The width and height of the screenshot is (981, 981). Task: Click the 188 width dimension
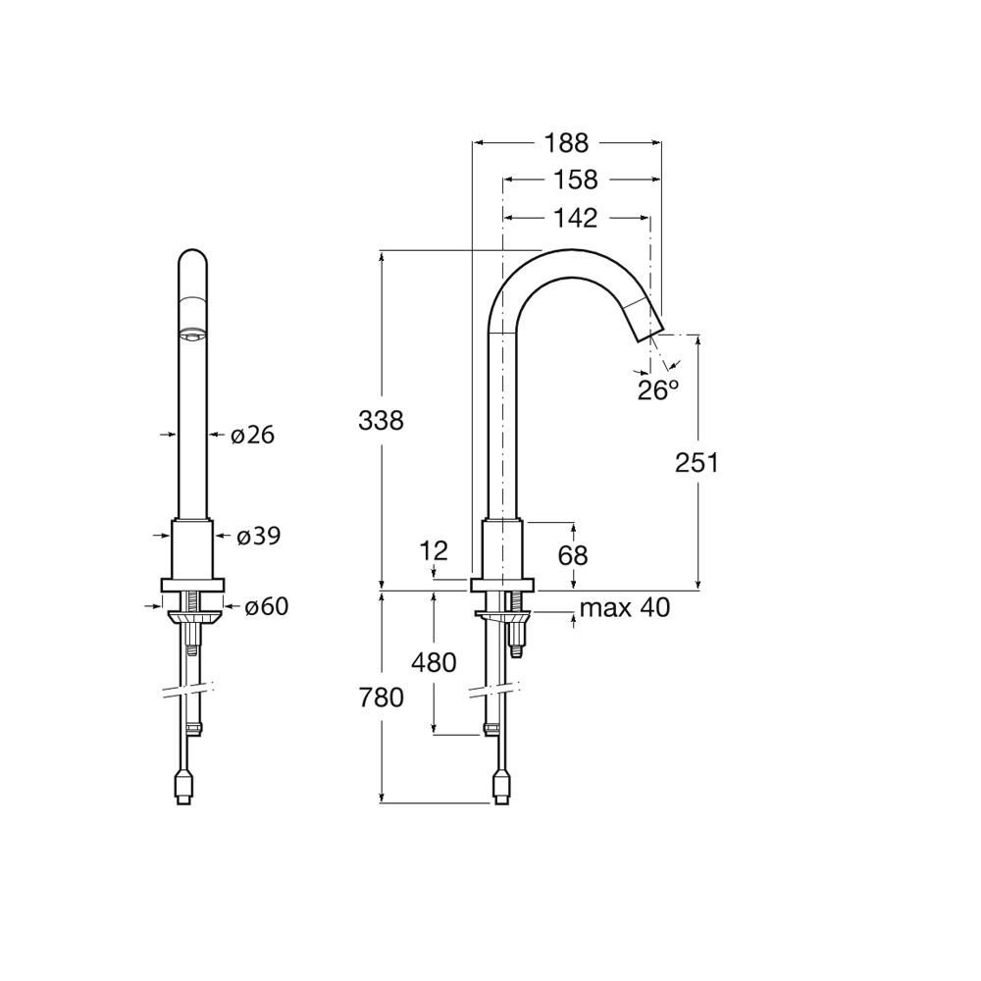[566, 143]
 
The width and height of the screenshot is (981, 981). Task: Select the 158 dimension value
[576, 180]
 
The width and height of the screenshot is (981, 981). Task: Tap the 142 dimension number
[576, 218]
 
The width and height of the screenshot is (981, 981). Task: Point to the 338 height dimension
[381, 421]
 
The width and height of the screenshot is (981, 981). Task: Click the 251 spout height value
[697, 463]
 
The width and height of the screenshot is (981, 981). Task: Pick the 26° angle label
[658, 390]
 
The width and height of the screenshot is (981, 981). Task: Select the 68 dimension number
[573, 555]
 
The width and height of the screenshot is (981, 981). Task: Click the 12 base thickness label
[434, 550]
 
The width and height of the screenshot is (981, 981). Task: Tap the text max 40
[624, 607]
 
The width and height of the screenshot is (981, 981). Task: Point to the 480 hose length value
[434, 662]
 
